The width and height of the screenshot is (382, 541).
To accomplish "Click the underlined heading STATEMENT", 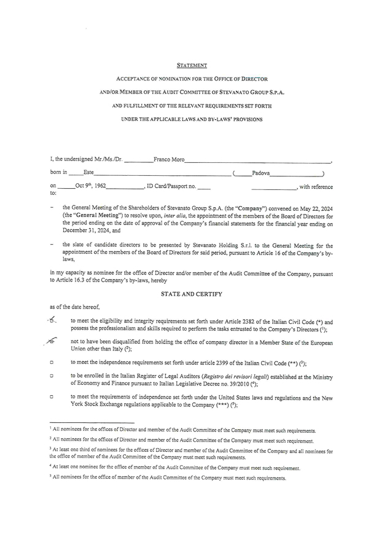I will pyautogui.click(x=192, y=65).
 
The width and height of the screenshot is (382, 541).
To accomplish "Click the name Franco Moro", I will pyautogui.click(x=168, y=159).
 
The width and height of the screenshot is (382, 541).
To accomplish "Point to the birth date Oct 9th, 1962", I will pyautogui.click(x=90, y=185).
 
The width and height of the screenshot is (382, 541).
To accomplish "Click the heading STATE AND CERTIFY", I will pyautogui.click(x=191, y=294).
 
